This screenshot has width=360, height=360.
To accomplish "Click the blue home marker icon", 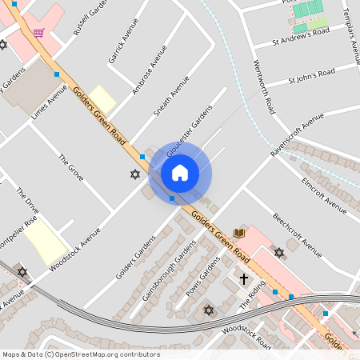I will click(180, 173).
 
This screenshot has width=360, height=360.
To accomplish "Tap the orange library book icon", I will click(238, 233).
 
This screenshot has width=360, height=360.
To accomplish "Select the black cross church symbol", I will click(245, 279).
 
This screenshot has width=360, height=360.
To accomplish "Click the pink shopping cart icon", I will click(39, 33).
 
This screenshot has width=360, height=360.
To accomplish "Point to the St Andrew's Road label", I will click(301, 37).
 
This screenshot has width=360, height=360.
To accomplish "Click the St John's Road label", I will click(310, 75).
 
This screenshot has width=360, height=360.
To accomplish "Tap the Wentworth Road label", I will click(264, 86).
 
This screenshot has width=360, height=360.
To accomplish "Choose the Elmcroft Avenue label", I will click(324, 194).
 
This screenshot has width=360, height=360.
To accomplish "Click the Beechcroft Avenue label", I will click(297, 234).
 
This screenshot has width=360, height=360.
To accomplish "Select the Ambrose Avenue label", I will click(150, 70).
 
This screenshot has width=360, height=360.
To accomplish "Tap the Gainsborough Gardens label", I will click(168, 272).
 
